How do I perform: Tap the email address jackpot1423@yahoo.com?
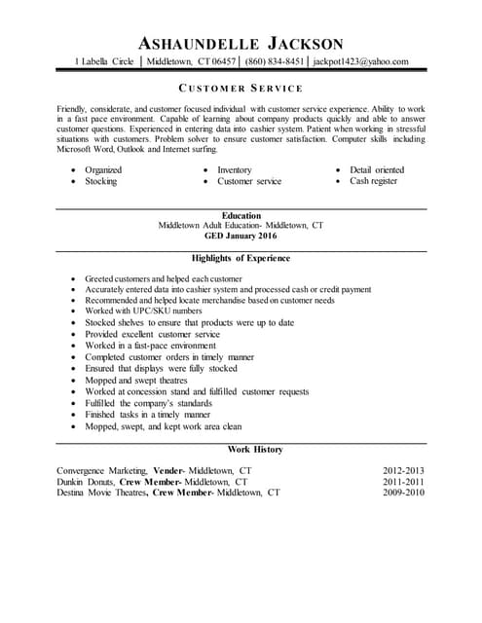tap(361, 61)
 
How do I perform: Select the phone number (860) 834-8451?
tap(275, 61)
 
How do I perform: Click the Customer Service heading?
tap(241, 88)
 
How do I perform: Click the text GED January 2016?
tap(241, 237)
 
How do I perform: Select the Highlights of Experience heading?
tap(241, 258)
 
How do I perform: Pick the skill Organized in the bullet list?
tap(102, 169)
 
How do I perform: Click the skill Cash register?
tap(374, 181)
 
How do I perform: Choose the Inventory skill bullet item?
tap(234, 169)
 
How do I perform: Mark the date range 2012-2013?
tap(404, 470)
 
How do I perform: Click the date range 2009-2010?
tap(404, 493)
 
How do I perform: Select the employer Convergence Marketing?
tap(100, 470)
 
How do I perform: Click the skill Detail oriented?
tap(377, 169)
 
